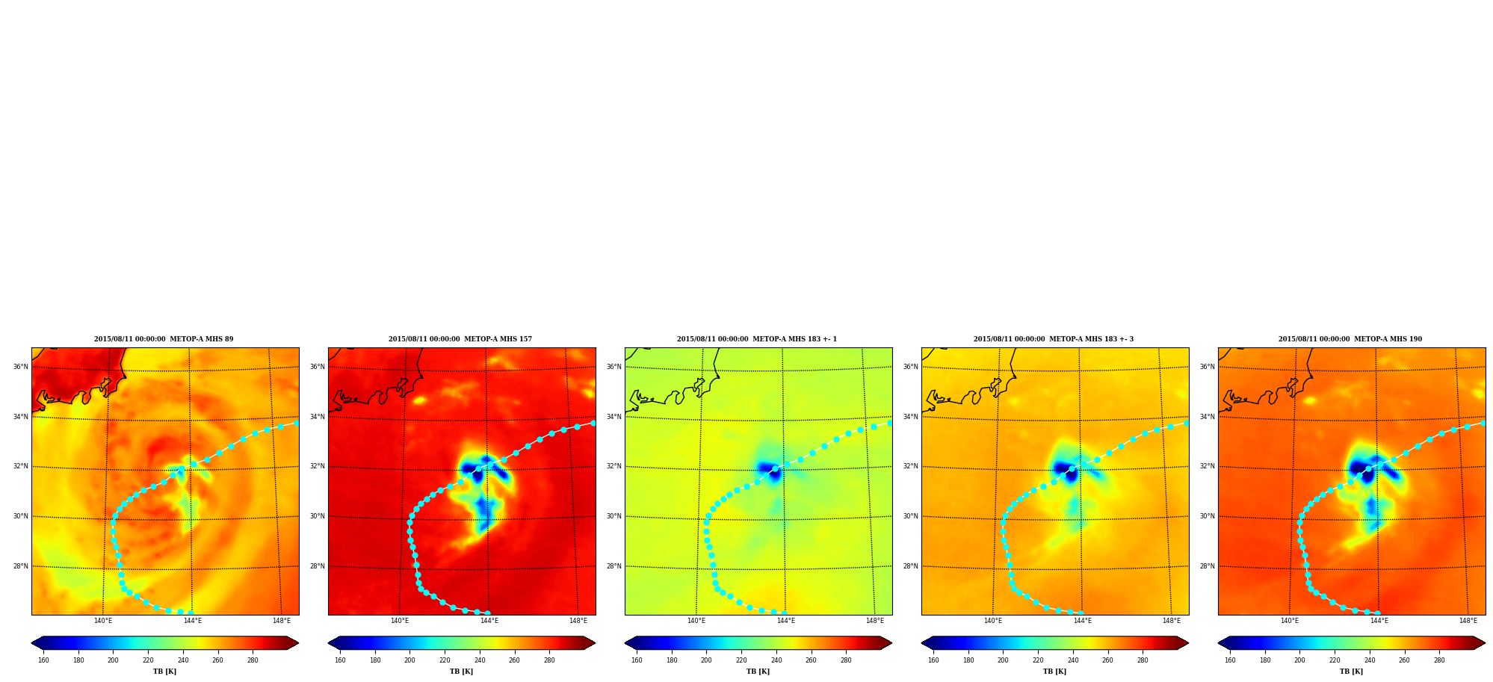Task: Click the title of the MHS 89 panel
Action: click(x=164, y=339)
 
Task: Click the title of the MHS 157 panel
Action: click(x=460, y=339)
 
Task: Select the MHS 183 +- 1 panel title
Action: click(x=757, y=339)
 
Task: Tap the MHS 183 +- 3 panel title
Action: click(x=1054, y=339)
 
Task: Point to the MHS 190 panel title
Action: click(x=1350, y=339)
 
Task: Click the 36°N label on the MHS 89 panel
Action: click(x=21, y=367)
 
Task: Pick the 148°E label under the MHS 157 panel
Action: click(x=578, y=621)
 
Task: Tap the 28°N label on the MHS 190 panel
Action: click(x=1208, y=566)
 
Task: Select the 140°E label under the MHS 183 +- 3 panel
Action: click(x=993, y=621)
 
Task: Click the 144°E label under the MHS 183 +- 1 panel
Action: click(x=786, y=621)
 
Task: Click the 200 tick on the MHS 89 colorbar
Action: click(x=113, y=660)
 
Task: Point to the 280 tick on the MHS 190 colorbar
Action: click(x=1439, y=660)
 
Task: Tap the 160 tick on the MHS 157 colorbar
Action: click(x=340, y=660)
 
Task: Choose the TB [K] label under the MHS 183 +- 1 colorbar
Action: click(x=758, y=672)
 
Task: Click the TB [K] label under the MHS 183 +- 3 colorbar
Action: click(x=1054, y=672)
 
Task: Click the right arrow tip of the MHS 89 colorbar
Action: click(x=299, y=643)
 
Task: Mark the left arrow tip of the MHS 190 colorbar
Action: click(x=1218, y=643)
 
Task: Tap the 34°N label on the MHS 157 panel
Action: click(x=318, y=417)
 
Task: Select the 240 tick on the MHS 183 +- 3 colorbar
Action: click(x=1073, y=660)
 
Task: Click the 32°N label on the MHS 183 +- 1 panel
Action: click(x=614, y=466)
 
